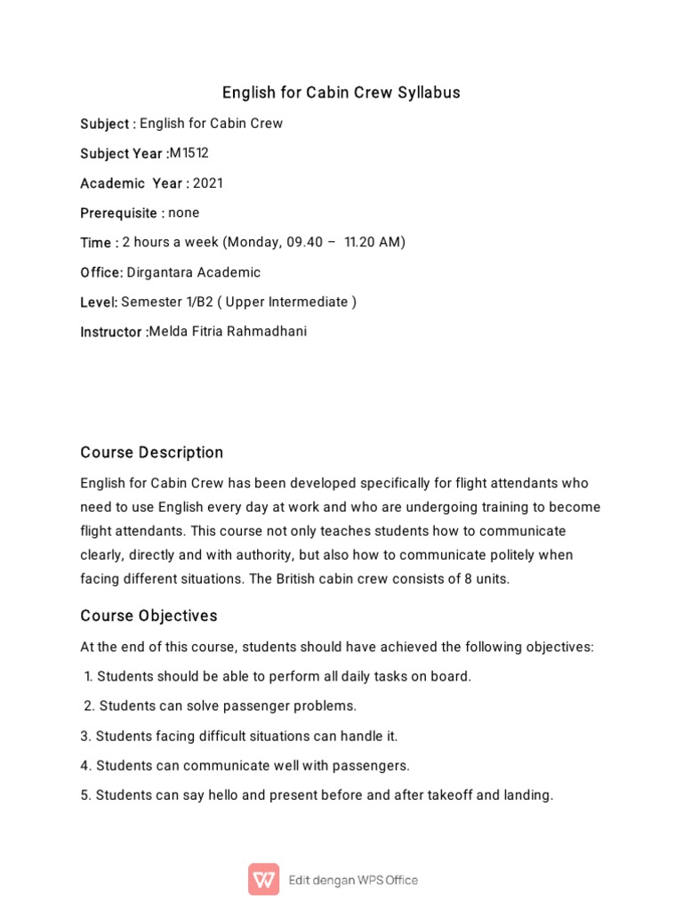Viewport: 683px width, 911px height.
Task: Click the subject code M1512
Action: (189, 153)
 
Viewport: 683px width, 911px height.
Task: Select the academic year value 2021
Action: (208, 183)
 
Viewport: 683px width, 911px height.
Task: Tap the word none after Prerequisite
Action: (184, 213)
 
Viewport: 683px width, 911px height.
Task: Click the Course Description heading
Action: (152, 453)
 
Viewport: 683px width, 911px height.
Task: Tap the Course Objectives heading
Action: (149, 617)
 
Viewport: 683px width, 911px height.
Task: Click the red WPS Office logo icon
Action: (263, 879)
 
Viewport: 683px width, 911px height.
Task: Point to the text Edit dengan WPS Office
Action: (353, 880)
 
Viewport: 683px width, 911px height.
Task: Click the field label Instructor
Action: (111, 332)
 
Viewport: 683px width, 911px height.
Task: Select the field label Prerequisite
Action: (119, 214)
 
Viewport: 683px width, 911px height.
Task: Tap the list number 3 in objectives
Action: (85, 736)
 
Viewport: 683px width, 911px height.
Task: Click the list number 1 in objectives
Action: (88, 676)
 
